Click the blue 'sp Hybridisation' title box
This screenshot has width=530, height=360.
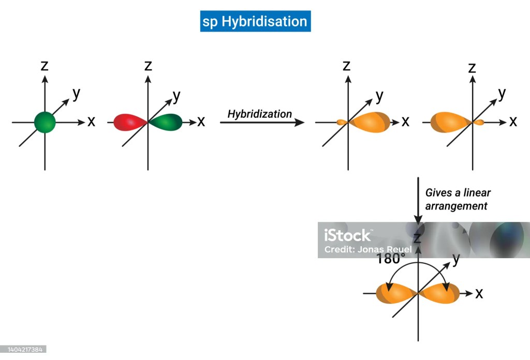pos(255,22)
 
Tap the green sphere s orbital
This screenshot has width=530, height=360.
pos(45,122)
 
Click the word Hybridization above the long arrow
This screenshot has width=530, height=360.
pos(260,114)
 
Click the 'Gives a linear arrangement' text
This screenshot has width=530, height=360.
pos(458,199)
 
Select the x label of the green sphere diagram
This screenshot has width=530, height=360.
pos(92,122)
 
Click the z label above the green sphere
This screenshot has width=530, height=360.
pos(45,65)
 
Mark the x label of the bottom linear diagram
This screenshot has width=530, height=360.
pos(479,293)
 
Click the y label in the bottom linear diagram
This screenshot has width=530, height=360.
pos(455,260)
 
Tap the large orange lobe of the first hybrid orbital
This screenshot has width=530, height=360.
pos(370,123)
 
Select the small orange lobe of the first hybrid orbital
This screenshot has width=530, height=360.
pos(342,123)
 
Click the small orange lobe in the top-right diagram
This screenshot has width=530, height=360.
pos(479,123)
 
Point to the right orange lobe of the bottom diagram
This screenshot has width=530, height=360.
pos(440,293)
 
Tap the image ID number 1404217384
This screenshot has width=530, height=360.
pos(23,350)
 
